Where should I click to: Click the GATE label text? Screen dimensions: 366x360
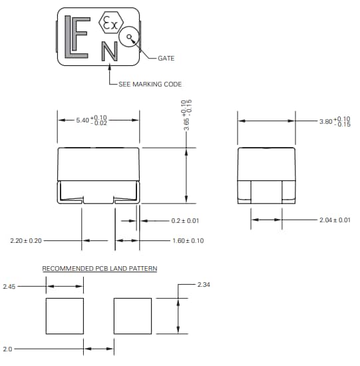[166, 59]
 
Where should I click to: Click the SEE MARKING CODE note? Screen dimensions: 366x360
[150, 84]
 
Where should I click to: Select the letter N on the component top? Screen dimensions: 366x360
[109, 51]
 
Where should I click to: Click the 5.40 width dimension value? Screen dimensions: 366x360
[92, 120]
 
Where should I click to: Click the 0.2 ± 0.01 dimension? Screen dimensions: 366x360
[185, 221]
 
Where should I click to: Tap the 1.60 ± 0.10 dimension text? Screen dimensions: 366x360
[188, 240]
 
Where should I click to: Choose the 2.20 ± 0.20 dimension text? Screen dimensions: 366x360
[26, 240]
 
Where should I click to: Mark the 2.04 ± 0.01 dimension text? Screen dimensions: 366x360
[335, 220]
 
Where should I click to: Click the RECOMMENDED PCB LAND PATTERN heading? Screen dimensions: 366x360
[100, 269]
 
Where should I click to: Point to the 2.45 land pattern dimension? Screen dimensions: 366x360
[9, 286]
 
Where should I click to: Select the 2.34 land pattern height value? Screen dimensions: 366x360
[205, 285]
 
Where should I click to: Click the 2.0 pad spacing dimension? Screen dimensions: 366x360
[7, 348]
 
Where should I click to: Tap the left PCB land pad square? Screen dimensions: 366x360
[65, 317]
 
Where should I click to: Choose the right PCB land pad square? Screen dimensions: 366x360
[133, 317]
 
